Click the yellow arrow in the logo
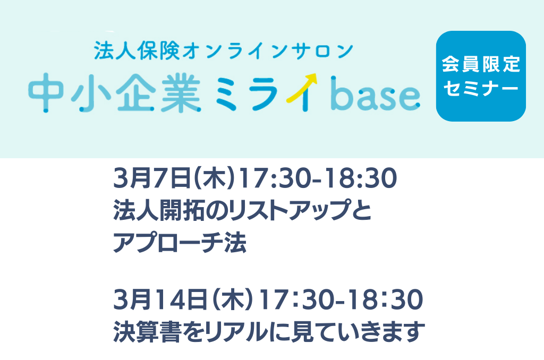coord(302,88)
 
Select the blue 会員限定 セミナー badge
coord(481,76)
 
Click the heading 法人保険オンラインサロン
coord(224,51)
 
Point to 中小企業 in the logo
coord(115,93)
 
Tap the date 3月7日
coord(152,178)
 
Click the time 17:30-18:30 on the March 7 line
coord(318,178)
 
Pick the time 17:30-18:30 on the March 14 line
coord(341,299)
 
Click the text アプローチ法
coord(180,243)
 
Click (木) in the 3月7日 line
coord(215,178)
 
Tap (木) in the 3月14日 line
coord(233,299)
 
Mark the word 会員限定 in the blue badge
coord(481,64)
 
